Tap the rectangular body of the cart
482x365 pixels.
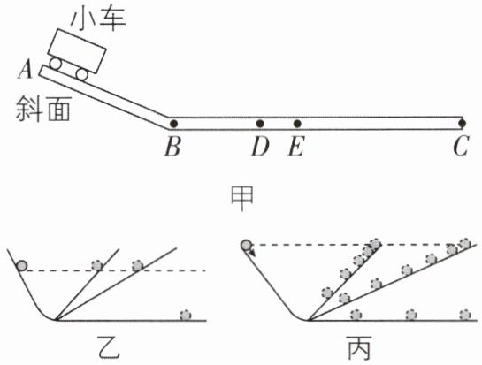(x=78, y=51)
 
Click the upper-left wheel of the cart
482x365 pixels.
(x=56, y=64)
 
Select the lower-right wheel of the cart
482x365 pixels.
(x=82, y=74)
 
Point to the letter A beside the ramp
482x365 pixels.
(x=26, y=70)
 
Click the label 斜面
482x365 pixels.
(x=43, y=109)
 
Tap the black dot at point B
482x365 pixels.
(x=173, y=124)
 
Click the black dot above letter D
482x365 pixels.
(x=260, y=124)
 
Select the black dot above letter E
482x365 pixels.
(x=297, y=124)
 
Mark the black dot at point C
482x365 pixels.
(x=462, y=124)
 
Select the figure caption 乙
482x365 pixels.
(x=108, y=347)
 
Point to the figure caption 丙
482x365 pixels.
(x=360, y=347)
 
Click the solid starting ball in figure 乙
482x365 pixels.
(x=22, y=265)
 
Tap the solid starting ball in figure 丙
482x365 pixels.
(x=246, y=245)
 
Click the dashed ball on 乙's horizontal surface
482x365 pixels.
(x=186, y=315)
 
